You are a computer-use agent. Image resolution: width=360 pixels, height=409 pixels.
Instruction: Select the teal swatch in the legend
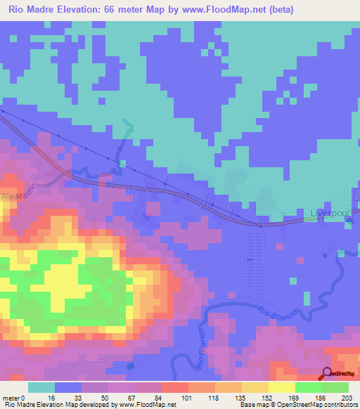41,387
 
